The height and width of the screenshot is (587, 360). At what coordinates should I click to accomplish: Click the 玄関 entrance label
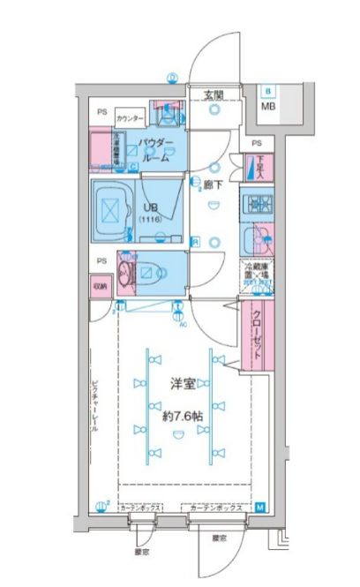coord(213,94)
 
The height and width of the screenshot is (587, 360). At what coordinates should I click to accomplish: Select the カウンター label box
coord(130,117)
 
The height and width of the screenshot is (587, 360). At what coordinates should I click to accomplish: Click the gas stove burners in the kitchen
coord(259,204)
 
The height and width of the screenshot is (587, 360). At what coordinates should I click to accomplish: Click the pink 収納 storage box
coord(99,286)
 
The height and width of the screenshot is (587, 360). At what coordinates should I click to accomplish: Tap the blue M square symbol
coord(260,508)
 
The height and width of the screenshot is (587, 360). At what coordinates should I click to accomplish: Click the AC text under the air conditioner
coord(181,322)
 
